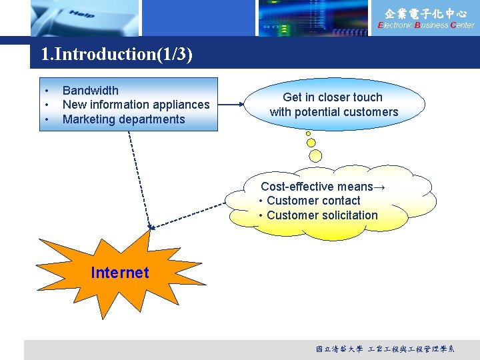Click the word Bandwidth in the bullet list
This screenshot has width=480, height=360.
pos(90,91)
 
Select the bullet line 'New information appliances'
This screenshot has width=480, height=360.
pos(135,105)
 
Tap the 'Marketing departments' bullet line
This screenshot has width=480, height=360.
pos(123,119)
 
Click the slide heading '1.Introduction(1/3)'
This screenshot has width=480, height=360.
pos(117,54)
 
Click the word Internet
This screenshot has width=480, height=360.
pos(120,272)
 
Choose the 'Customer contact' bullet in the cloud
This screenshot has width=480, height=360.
pos(313,201)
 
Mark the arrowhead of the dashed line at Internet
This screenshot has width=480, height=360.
pos(151,227)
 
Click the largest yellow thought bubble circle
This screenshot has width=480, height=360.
pos(315,155)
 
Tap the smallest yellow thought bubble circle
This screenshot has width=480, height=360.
pos(308,133)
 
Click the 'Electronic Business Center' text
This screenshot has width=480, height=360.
pos(426,25)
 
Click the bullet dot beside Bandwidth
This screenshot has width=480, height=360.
pos(47,91)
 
